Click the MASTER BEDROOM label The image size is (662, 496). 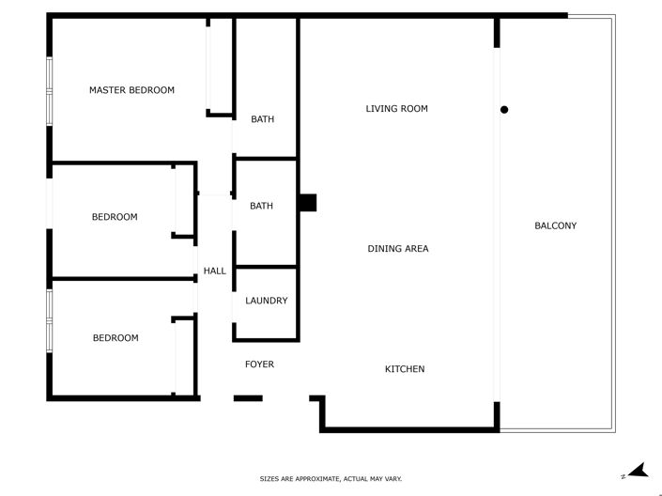131,90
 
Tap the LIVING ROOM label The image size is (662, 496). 396,109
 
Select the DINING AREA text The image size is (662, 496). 397,249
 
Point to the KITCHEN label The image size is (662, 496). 405,369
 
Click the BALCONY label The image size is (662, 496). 555,225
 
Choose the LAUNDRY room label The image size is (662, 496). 266,301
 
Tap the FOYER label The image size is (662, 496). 259,364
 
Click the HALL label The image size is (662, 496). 214,271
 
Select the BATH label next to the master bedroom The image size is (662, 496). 262,119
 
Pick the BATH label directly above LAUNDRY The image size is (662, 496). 261,206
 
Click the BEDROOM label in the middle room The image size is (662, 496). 115,217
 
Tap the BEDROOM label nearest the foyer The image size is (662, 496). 115,338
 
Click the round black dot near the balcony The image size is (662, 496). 504,110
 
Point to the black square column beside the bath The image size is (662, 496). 307,203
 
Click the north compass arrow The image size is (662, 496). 639,472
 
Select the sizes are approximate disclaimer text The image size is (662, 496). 331,479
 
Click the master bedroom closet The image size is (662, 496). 220,66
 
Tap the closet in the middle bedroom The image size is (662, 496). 184,200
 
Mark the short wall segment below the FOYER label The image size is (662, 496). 248,398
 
